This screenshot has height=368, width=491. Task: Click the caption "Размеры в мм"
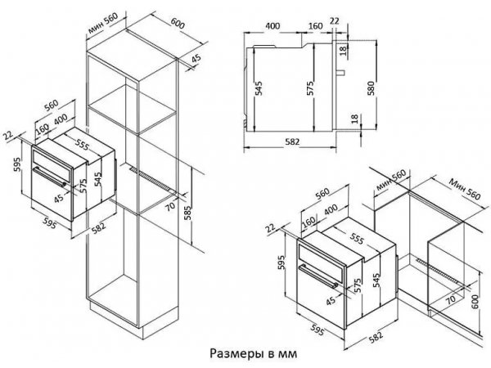tap(253, 353)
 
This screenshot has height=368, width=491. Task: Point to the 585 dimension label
tap(187, 213)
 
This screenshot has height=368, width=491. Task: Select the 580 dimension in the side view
tap(371, 88)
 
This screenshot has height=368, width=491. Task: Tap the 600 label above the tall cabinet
tap(178, 24)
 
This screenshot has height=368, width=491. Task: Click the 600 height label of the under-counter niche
tap(475, 302)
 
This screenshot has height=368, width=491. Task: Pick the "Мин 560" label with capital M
tap(464, 189)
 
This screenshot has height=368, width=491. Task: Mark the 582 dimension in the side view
tap(292, 141)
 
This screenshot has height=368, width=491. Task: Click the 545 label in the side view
tap(259, 88)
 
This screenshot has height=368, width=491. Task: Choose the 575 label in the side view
tap(309, 88)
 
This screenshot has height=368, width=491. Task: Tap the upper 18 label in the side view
tap(343, 49)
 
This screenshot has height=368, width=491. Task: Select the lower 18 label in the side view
tap(354, 119)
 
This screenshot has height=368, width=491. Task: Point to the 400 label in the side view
tap(273, 25)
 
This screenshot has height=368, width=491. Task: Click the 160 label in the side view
tap(315, 25)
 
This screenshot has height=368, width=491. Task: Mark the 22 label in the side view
tap(335, 21)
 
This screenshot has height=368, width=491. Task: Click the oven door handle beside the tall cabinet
tap(50, 177)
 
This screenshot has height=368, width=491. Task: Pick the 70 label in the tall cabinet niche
tap(170, 207)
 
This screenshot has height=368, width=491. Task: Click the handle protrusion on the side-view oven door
tap(340, 73)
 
